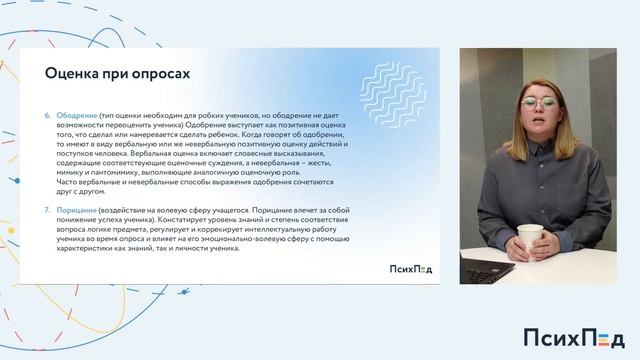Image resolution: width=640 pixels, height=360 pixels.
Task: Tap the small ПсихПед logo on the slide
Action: click(411, 268)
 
